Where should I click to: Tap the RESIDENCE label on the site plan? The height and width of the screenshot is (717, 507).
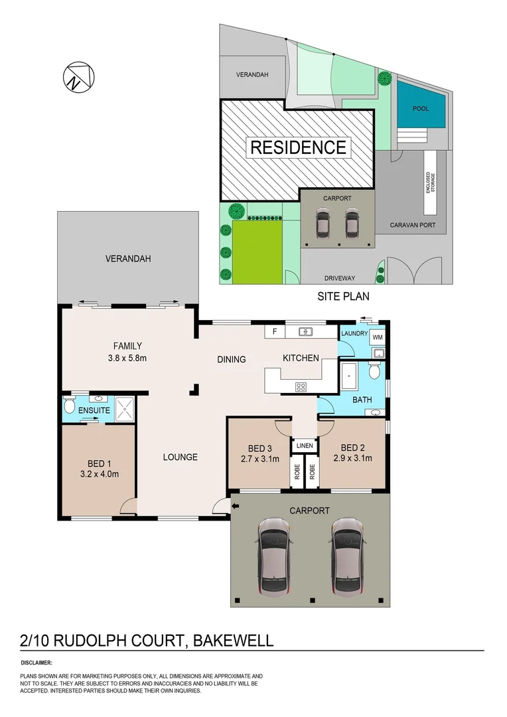click(298, 147)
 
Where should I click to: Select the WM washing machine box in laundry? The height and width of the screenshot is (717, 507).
click(378, 337)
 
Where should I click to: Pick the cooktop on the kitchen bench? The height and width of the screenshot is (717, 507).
click(300, 388)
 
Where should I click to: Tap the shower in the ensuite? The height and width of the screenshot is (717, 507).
click(124, 408)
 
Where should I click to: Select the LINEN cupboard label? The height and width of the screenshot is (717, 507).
click(305, 445)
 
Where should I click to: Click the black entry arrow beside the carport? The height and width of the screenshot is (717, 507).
click(236, 507)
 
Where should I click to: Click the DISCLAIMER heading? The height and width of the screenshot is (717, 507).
click(36, 663)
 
